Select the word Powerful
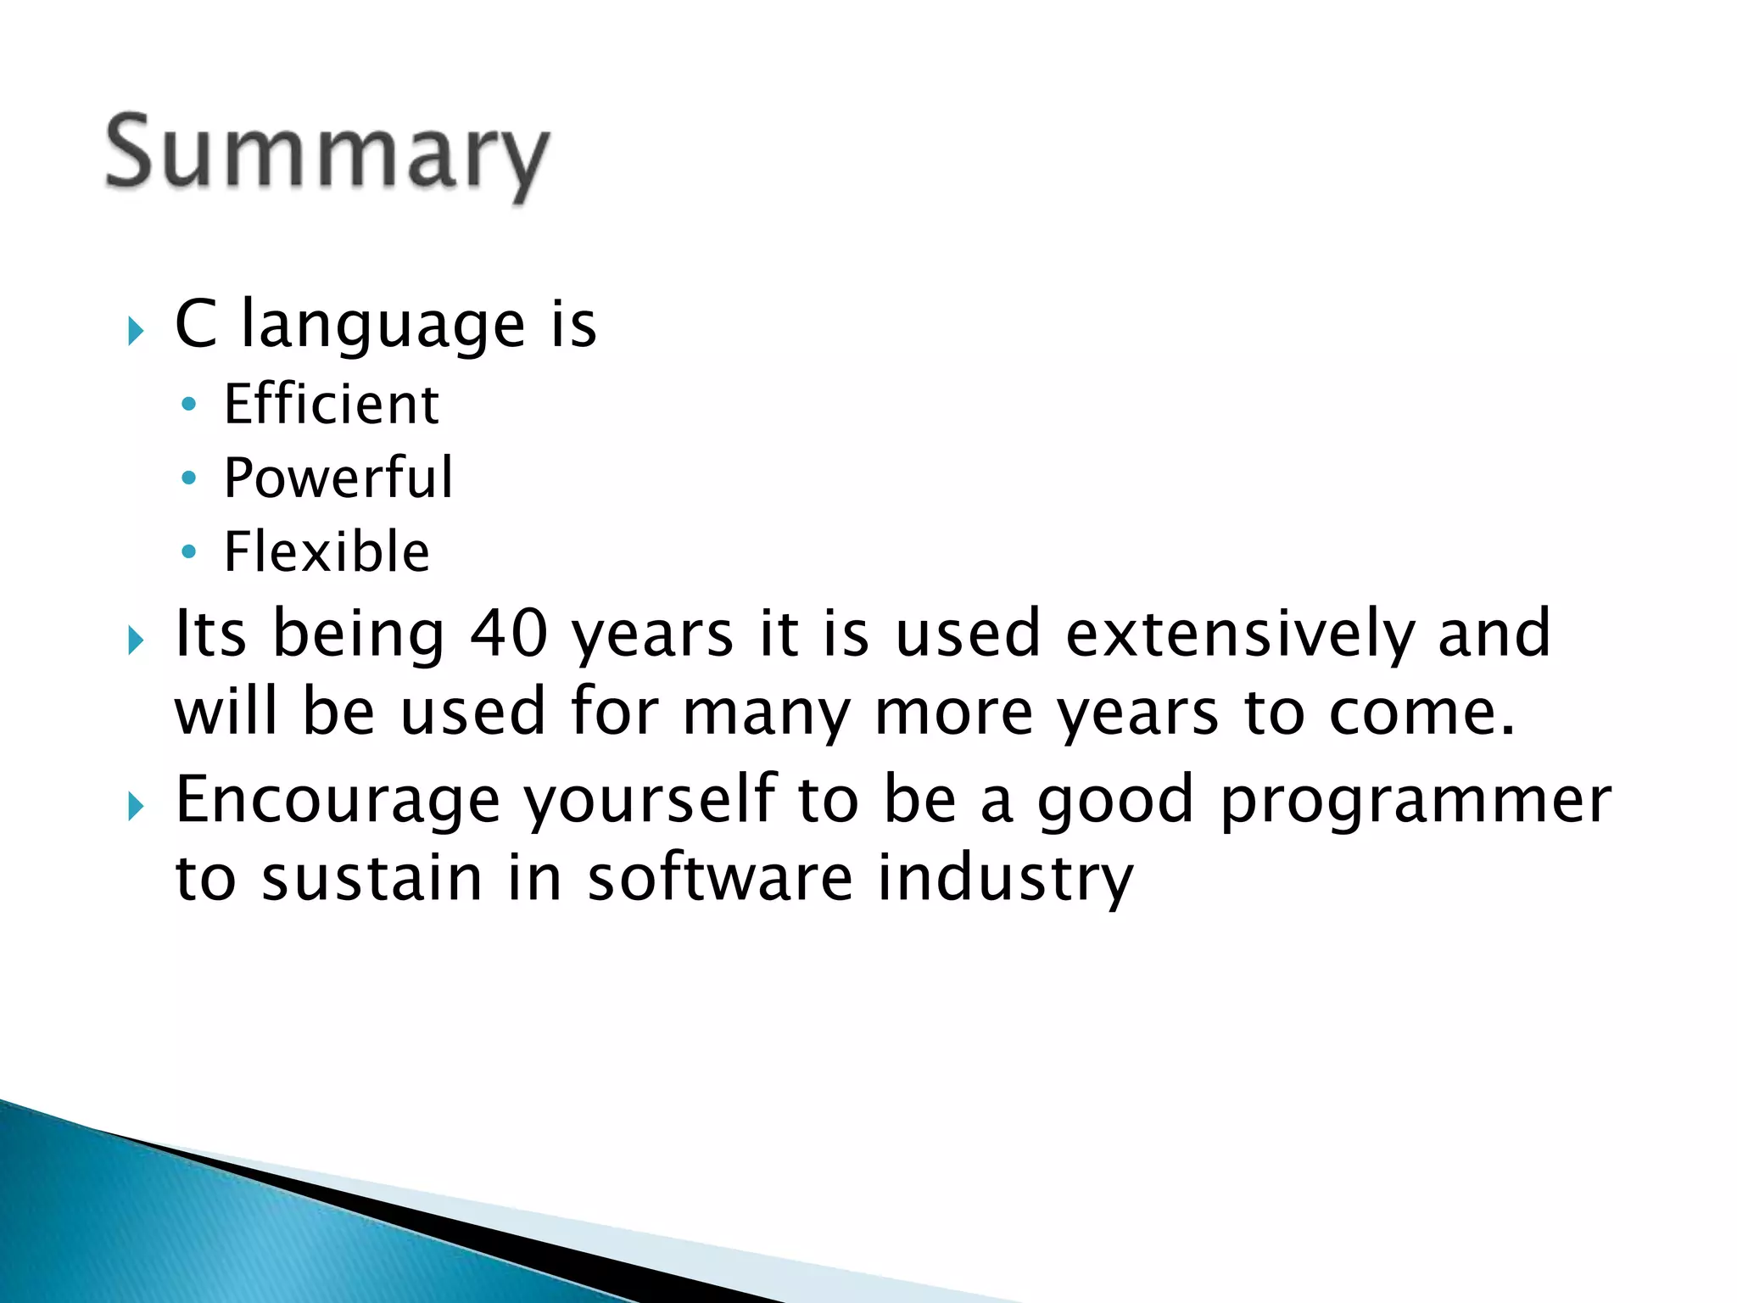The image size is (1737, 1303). (x=338, y=478)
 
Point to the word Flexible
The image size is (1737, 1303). (x=327, y=551)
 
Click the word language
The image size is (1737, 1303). (x=383, y=326)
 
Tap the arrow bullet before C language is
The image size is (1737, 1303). (x=136, y=330)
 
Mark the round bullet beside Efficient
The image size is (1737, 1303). (x=189, y=405)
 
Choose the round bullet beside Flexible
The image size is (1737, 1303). (x=189, y=552)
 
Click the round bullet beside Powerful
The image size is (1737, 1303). (x=189, y=478)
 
